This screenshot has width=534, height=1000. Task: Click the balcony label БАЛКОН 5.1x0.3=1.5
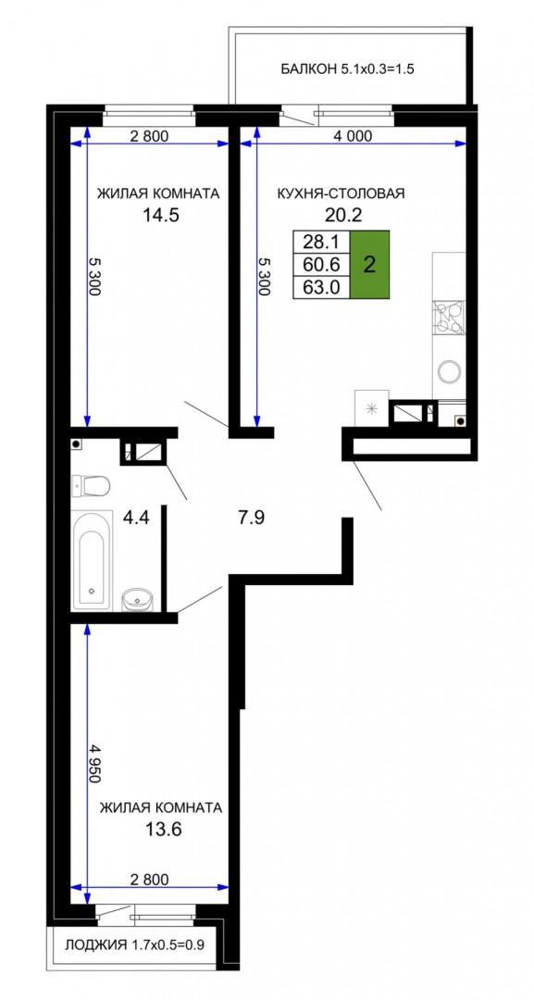[x=348, y=69]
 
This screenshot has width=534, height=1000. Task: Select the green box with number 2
[x=369, y=264]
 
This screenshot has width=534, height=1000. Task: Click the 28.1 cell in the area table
[x=321, y=241]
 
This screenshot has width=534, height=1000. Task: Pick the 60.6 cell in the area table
[x=321, y=264]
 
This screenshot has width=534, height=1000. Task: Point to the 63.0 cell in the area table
[x=321, y=286]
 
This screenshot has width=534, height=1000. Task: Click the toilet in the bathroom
[x=90, y=486]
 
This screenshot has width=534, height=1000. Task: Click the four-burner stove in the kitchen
[x=449, y=317]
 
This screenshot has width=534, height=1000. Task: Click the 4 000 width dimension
[x=353, y=135]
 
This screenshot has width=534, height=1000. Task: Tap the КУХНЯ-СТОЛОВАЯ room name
[x=341, y=194]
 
